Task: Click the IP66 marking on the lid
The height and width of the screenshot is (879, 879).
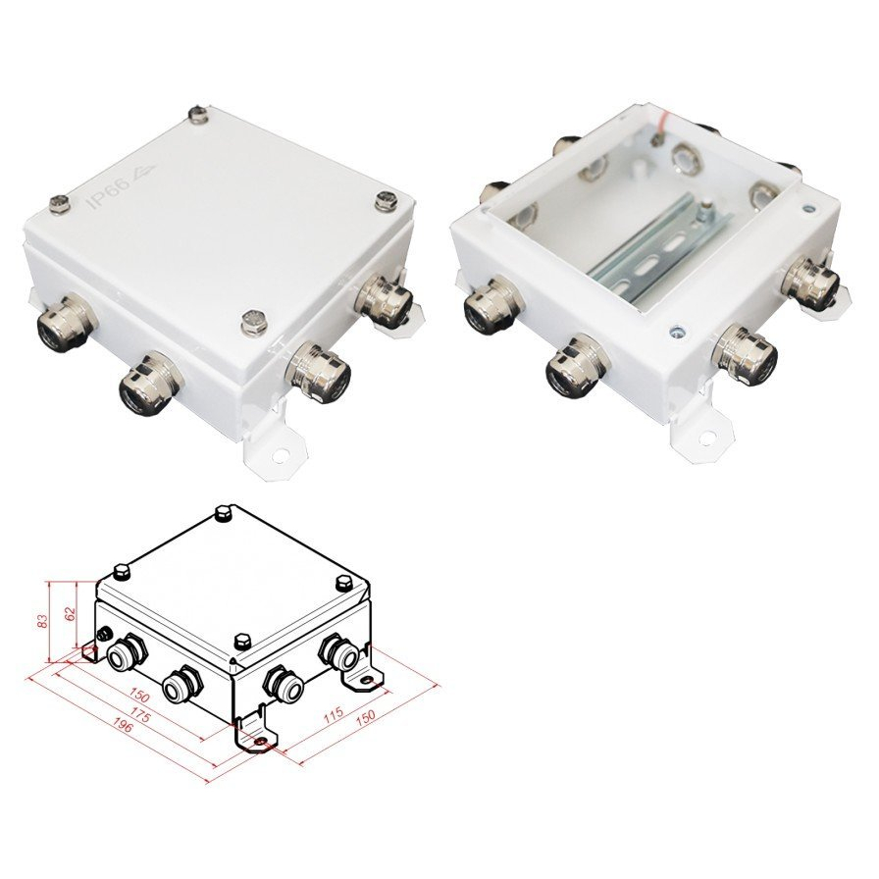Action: pos(110,193)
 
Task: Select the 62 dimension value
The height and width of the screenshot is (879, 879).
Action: pos(71,613)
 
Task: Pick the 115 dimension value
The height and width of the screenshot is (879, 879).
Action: pos(334,714)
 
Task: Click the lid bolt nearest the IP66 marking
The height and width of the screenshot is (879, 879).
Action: pos(60,203)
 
